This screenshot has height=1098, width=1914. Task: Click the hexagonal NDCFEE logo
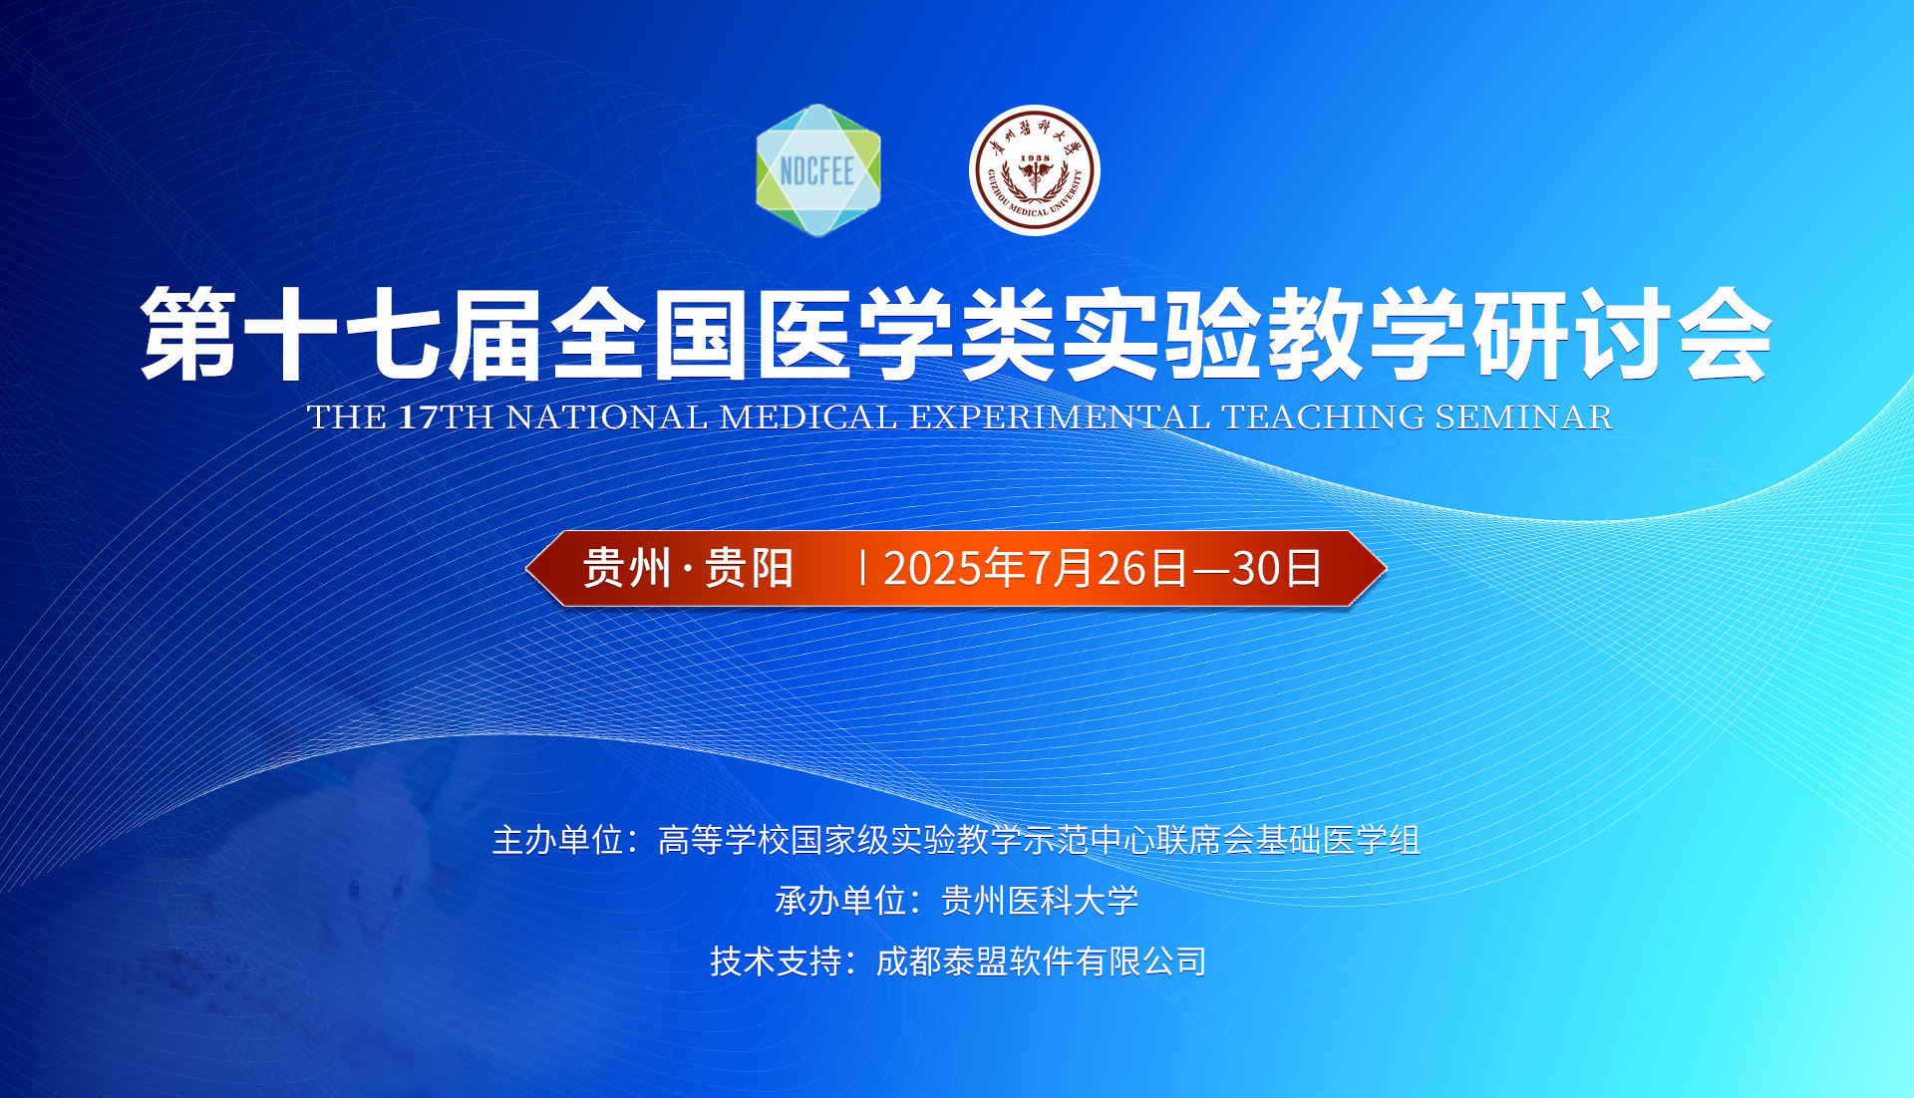[x=818, y=170]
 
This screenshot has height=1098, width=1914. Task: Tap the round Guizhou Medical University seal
[x=1035, y=170]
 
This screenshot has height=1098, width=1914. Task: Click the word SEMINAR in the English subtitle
[x=1523, y=416]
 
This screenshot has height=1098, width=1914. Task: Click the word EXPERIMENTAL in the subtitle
[x=1060, y=416]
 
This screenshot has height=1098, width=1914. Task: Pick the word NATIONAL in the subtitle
[x=607, y=416]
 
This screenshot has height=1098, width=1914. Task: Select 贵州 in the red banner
[x=627, y=569]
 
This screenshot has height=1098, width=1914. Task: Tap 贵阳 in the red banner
[x=750, y=569]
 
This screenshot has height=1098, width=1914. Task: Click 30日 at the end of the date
[x=1277, y=569]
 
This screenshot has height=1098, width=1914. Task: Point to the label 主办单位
[x=558, y=840]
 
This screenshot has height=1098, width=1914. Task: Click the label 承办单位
[x=841, y=901]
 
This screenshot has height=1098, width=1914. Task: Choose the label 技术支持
[x=777, y=961]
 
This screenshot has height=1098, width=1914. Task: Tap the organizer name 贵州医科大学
[x=1040, y=901]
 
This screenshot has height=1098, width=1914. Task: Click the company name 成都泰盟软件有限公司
[x=1041, y=961]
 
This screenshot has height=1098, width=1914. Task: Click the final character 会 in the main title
[x=1725, y=334]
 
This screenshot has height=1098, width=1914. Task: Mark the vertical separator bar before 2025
[x=862, y=569]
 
